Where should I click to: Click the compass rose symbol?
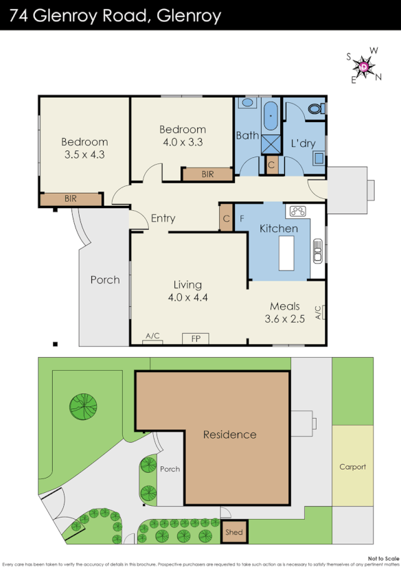[363, 66]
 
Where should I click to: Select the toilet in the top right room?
[316, 108]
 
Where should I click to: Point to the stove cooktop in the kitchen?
[299, 211]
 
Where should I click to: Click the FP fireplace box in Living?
[196, 338]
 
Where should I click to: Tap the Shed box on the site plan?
[233, 532]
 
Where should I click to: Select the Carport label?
[353, 467]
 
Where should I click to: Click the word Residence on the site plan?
[229, 435]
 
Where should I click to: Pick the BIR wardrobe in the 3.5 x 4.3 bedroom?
[71, 198]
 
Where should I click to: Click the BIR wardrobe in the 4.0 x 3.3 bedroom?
[207, 174]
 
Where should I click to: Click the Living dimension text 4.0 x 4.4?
[187, 297]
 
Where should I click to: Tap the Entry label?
[163, 218]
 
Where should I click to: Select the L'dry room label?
[303, 143]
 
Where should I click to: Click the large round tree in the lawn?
[83, 406]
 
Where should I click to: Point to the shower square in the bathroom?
[271, 144]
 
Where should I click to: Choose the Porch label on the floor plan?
[105, 279]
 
